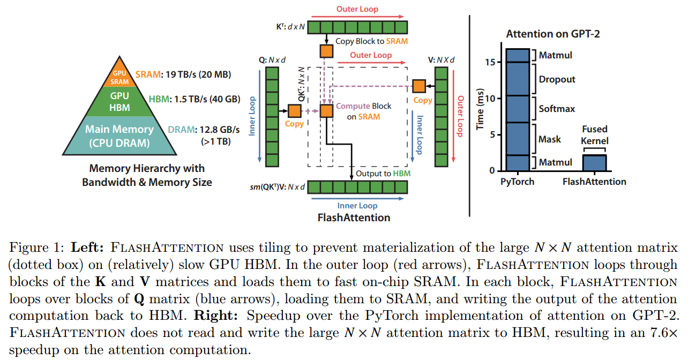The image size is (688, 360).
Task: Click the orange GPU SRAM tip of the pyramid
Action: click(x=119, y=78)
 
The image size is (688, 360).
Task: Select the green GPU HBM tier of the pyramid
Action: click(x=119, y=101)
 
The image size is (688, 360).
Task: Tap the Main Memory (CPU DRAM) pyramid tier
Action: click(x=119, y=136)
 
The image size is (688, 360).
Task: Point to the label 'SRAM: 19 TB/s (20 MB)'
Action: click(x=183, y=75)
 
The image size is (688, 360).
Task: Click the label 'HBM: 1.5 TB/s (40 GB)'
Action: click(x=193, y=99)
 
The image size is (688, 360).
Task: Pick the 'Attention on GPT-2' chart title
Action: click(x=553, y=34)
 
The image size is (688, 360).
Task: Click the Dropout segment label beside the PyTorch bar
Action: click(x=557, y=79)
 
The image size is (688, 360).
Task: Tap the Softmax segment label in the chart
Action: click(x=557, y=109)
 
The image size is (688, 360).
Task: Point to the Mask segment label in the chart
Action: click(x=550, y=139)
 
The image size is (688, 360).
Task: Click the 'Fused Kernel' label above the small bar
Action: click(x=595, y=135)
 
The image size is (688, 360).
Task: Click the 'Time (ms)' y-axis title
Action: click(x=481, y=110)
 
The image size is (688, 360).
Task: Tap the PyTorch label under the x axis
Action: click(x=517, y=182)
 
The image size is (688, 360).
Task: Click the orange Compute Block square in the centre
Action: click(x=326, y=111)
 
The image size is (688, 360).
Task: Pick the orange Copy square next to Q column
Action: click(x=294, y=111)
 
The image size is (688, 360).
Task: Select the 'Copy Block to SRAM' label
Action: click(x=371, y=41)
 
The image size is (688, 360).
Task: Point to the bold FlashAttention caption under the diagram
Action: click(x=354, y=217)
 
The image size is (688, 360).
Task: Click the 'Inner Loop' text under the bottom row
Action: click(x=357, y=206)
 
